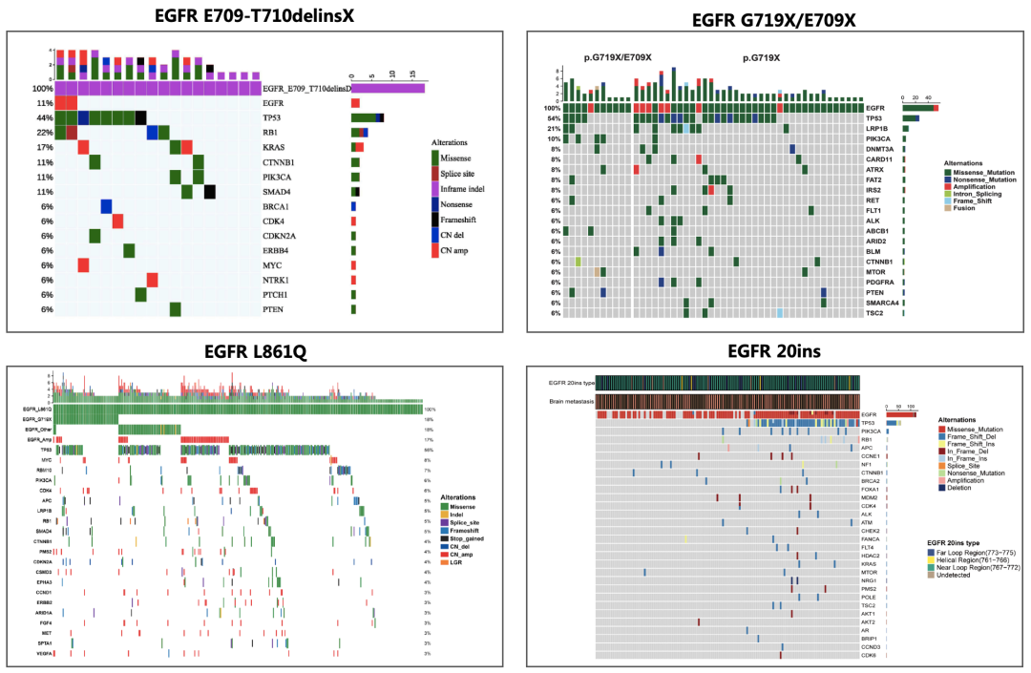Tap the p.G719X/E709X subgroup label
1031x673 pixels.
[x=618, y=57]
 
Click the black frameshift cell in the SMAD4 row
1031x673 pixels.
[x=209, y=191]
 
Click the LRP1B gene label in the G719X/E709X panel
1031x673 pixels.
[x=877, y=128]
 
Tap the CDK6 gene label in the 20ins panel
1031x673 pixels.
[x=870, y=656]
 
